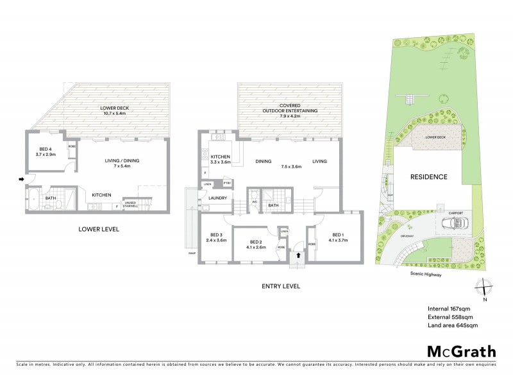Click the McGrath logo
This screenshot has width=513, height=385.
pyautogui.click(x=460, y=351)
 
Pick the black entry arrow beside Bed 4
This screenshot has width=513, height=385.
pyautogui.click(x=21, y=179)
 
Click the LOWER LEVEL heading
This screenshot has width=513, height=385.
pyautogui.click(x=99, y=229)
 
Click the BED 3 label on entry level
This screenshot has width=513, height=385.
pyautogui.click(x=215, y=237)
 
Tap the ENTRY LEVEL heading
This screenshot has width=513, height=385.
pyautogui.click(x=281, y=287)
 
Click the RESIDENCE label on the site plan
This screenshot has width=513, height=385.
pyautogui.click(x=429, y=176)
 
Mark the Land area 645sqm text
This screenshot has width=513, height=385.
pyautogui.click(x=450, y=326)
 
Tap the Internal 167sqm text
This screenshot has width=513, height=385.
pyautogui.click(x=446, y=307)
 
